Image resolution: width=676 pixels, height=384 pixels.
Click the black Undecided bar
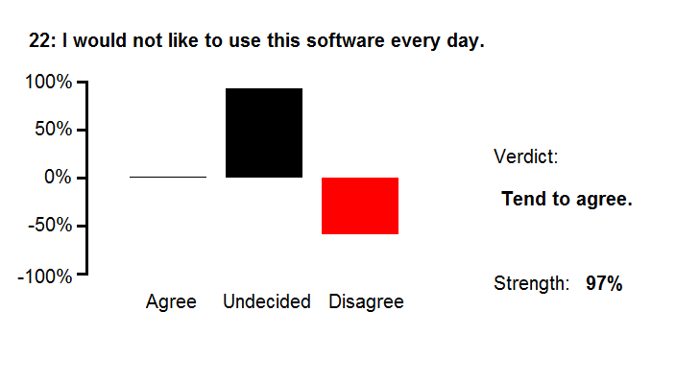[x=264, y=132]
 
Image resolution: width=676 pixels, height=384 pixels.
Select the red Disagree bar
[x=360, y=206]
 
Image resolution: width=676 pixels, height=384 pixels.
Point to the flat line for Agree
[x=168, y=177]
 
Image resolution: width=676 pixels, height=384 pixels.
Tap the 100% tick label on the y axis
[x=49, y=82]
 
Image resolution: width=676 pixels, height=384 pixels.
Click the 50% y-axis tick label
[x=54, y=129]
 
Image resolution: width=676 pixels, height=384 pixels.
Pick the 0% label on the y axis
[x=58, y=177]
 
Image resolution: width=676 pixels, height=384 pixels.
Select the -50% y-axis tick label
[x=50, y=225]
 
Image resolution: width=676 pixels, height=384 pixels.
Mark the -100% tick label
[x=45, y=276]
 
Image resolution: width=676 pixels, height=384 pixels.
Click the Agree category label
[x=171, y=301]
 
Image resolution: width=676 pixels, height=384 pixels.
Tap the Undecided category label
[x=267, y=301]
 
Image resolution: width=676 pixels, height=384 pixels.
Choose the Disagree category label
[x=367, y=301]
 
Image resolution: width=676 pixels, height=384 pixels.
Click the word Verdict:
[x=526, y=156]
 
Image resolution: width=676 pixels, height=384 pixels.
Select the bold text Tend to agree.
[x=567, y=199]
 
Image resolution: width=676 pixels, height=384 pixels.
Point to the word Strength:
[x=532, y=283]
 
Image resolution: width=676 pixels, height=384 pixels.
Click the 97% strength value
[x=604, y=283]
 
